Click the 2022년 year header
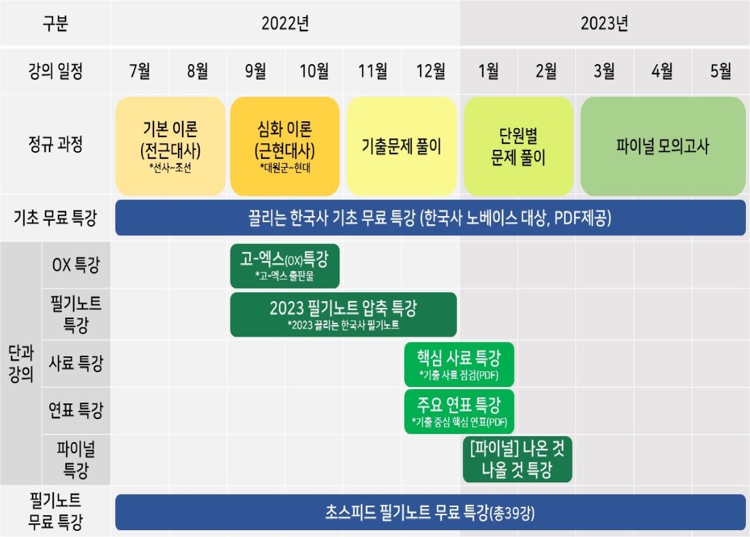[x=285, y=23]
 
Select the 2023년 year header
[x=604, y=23]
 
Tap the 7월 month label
[x=140, y=71]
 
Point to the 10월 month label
[x=314, y=71]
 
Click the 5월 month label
[x=721, y=71]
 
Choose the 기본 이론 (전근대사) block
[x=170, y=147]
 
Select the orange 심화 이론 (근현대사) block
[x=285, y=147]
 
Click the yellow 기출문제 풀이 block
[x=402, y=147]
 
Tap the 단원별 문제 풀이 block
[x=518, y=147]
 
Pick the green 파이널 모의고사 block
[x=663, y=147]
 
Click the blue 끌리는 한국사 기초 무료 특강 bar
[x=430, y=218]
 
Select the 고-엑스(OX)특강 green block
[x=285, y=266]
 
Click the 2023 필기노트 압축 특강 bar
[x=344, y=315]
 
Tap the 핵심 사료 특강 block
[x=459, y=365]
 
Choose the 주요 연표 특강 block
[x=459, y=411]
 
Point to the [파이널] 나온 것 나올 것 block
[x=517, y=459]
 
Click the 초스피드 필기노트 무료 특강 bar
[x=430, y=512]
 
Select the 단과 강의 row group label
[x=21, y=363]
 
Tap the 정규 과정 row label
[x=55, y=144]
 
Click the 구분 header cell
[x=55, y=23]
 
